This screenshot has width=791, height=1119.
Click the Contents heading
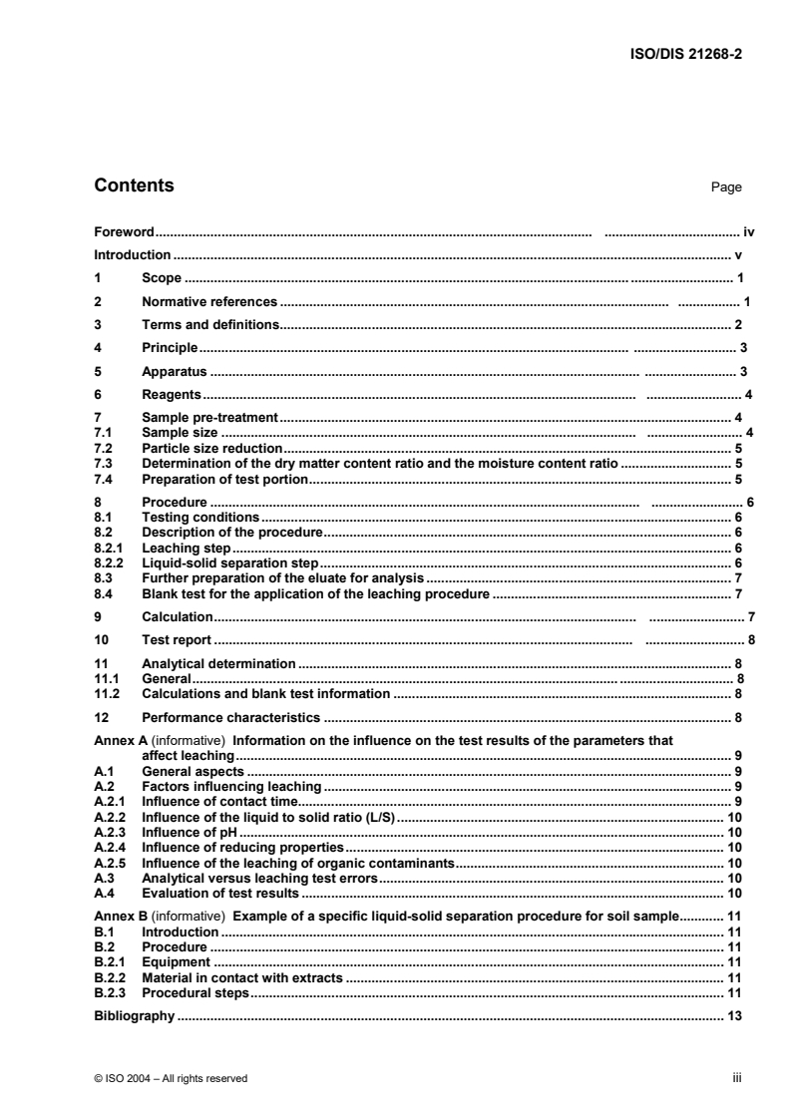[x=134, y=186]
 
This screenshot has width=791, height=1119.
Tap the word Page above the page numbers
[x=725, y=187]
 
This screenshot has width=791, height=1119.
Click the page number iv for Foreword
[x=748, y=231]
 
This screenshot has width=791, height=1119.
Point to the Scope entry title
[x=162, y=278]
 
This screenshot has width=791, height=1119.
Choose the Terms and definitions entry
[x=210, y=324]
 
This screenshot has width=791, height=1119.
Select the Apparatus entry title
[x=175, y=371]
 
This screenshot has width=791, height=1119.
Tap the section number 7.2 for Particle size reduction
[x=101, y=449]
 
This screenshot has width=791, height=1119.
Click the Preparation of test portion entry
[x=224, y=480]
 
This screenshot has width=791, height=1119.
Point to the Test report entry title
[x=178, y=639]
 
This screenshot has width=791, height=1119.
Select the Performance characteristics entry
[x=230, y=716]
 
